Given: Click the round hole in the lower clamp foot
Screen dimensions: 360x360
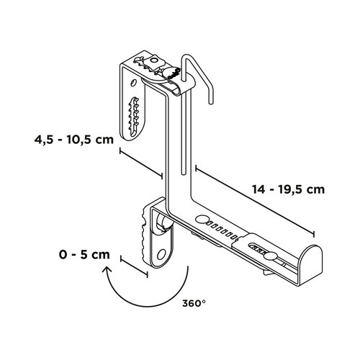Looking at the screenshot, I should coord(163,253).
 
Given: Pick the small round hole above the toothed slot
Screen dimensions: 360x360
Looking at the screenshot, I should coord(135,89).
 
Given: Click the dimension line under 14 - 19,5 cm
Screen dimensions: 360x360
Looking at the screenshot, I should coord(255,202).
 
